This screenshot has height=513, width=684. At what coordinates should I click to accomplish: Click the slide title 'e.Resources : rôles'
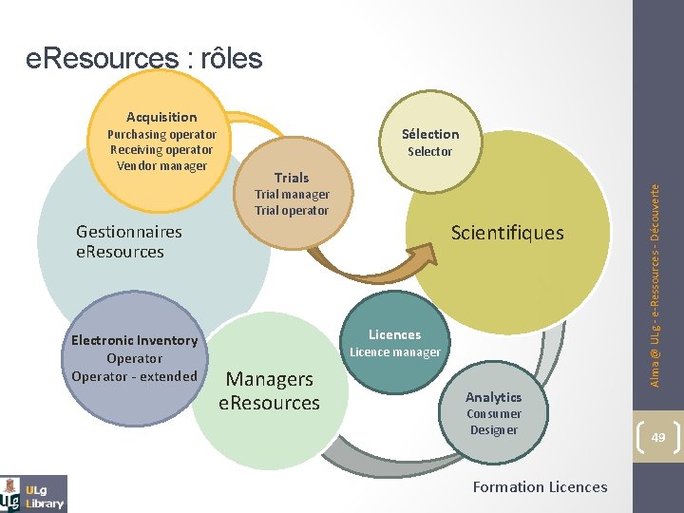143,59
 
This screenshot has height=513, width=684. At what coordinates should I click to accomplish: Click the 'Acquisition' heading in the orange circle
161,117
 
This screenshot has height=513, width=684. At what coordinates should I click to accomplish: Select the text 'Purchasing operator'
161,134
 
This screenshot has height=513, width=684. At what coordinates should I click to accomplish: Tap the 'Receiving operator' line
161,149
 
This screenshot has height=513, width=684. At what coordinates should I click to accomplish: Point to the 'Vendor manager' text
161,165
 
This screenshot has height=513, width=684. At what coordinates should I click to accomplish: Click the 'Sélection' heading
430,134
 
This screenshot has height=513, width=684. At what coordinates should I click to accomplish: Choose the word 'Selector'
430,151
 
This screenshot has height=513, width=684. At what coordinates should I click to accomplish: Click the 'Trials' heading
292,178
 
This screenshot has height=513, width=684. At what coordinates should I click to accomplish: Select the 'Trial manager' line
292,194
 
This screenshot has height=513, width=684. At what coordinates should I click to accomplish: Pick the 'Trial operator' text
292,210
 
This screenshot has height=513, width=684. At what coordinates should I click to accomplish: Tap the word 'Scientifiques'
507,233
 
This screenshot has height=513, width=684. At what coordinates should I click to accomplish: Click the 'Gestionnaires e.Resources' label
128,241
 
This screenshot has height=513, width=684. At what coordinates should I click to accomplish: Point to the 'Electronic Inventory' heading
134,340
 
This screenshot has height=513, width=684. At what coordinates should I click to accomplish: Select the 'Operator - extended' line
134,376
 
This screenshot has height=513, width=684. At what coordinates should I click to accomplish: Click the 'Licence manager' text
395,352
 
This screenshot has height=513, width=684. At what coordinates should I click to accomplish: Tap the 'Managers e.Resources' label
270,390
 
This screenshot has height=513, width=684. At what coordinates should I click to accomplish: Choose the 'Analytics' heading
494,397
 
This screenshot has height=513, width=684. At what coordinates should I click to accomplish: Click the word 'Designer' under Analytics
494,429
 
